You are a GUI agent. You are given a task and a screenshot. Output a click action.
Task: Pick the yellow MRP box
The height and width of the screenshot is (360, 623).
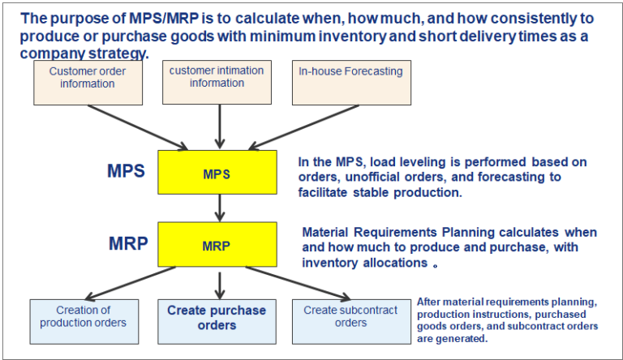(x=217, y=245)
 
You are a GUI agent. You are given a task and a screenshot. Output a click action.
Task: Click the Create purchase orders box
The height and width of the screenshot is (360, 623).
(x=217, y=319)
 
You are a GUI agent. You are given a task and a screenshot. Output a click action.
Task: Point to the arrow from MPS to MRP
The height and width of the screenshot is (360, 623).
(x=217, y=210)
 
